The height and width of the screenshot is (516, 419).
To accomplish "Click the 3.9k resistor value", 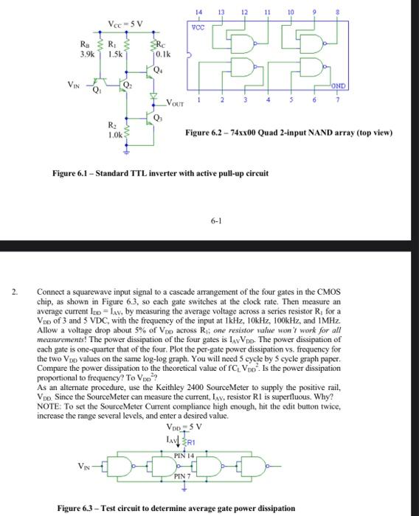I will point(87,55).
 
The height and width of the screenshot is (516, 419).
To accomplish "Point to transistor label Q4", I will point(157,71).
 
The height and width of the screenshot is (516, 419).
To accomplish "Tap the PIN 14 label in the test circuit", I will point(185,456).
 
